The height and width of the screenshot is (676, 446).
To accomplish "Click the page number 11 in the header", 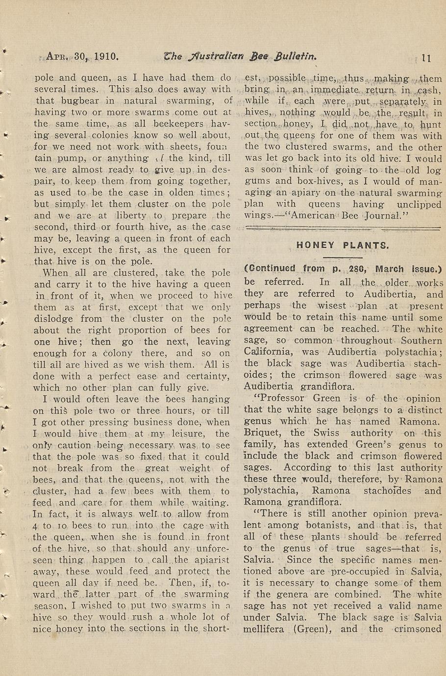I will coord(426,57).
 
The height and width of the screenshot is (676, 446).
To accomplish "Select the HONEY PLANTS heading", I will coord(343,245).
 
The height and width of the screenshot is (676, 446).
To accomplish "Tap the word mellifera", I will coord(265,629).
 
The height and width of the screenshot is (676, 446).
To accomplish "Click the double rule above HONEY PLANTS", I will coord(343,227).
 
